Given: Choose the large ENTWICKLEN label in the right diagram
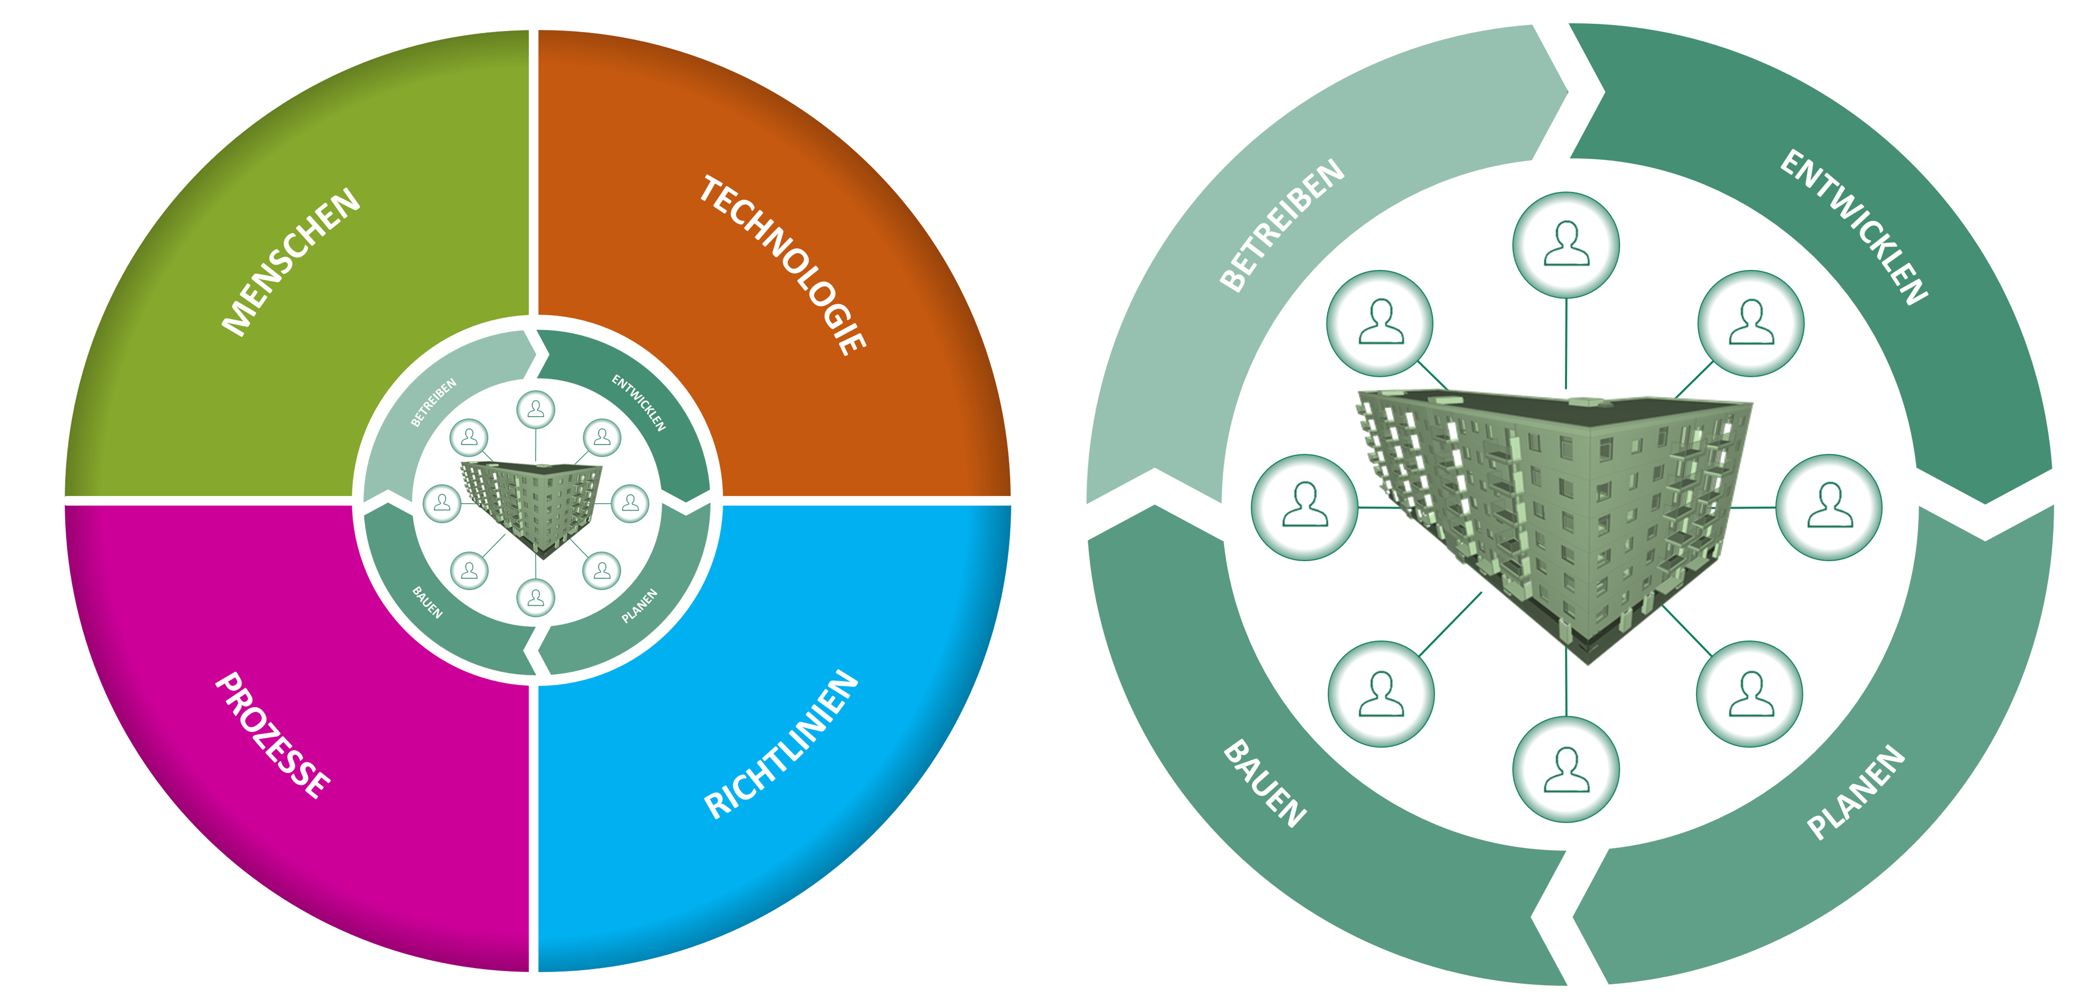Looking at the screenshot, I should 1853,227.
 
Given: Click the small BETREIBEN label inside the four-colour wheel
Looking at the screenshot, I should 433,402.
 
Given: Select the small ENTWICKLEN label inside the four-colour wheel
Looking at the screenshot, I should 639,402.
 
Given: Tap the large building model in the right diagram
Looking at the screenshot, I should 1554,519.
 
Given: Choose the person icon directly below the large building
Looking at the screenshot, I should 1566,770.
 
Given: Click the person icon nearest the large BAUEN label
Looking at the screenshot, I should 1381,694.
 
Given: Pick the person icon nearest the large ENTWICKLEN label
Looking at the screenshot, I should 1751,323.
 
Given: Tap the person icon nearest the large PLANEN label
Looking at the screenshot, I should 1749,694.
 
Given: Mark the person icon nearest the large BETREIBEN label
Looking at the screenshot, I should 1380,323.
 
